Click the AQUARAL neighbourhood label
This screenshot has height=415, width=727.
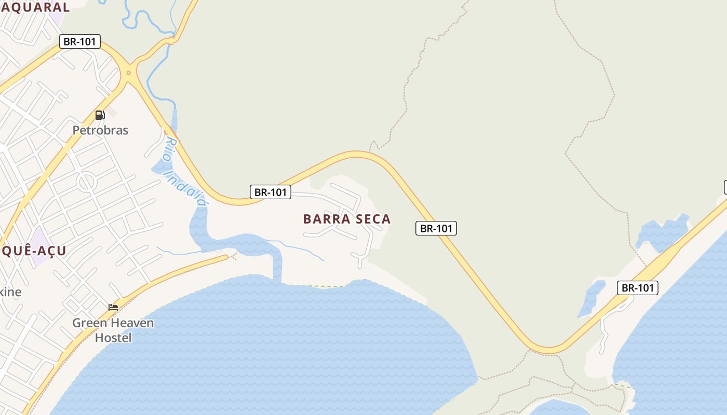click(x=35, y=7)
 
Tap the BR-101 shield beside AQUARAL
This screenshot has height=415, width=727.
click(x=80, y=41)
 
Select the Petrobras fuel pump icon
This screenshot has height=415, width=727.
click(x=100, y=115)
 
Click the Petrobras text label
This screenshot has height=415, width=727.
click(x=100, y=130)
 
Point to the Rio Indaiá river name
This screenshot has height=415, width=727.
click(x=185, y=171)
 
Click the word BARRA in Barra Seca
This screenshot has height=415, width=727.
click(x=325, y=219)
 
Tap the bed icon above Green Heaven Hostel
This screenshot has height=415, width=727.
click(x=113, y=308)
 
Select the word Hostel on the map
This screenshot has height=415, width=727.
click(x=113, y=338)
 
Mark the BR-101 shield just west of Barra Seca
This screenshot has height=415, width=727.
click(x=270, y=192)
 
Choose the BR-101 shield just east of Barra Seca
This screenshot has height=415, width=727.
click(x=436, y=228)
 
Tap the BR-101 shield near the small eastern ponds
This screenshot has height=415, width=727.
click(x=637, y=288)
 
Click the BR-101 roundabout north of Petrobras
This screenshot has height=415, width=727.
click(x=128, y=73)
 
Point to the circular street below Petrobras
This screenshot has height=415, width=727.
click(x=87, y=182)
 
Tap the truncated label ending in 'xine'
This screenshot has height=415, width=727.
click(x=10, y=292)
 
